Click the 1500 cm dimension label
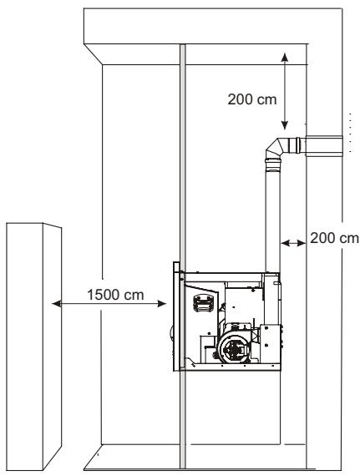(x=115, y=295)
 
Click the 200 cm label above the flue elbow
(x=252, y=99)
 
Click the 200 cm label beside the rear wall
(x=334, y=238)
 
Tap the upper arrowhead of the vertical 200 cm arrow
(x=285, y=58)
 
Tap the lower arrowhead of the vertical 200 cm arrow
(x=285, y=125)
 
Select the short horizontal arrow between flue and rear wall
(x=293, y=243)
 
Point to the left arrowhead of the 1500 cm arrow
(x=57, y=304)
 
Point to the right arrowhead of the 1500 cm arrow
(x=162, y=304)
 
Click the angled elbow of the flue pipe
(x=275, y=148)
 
